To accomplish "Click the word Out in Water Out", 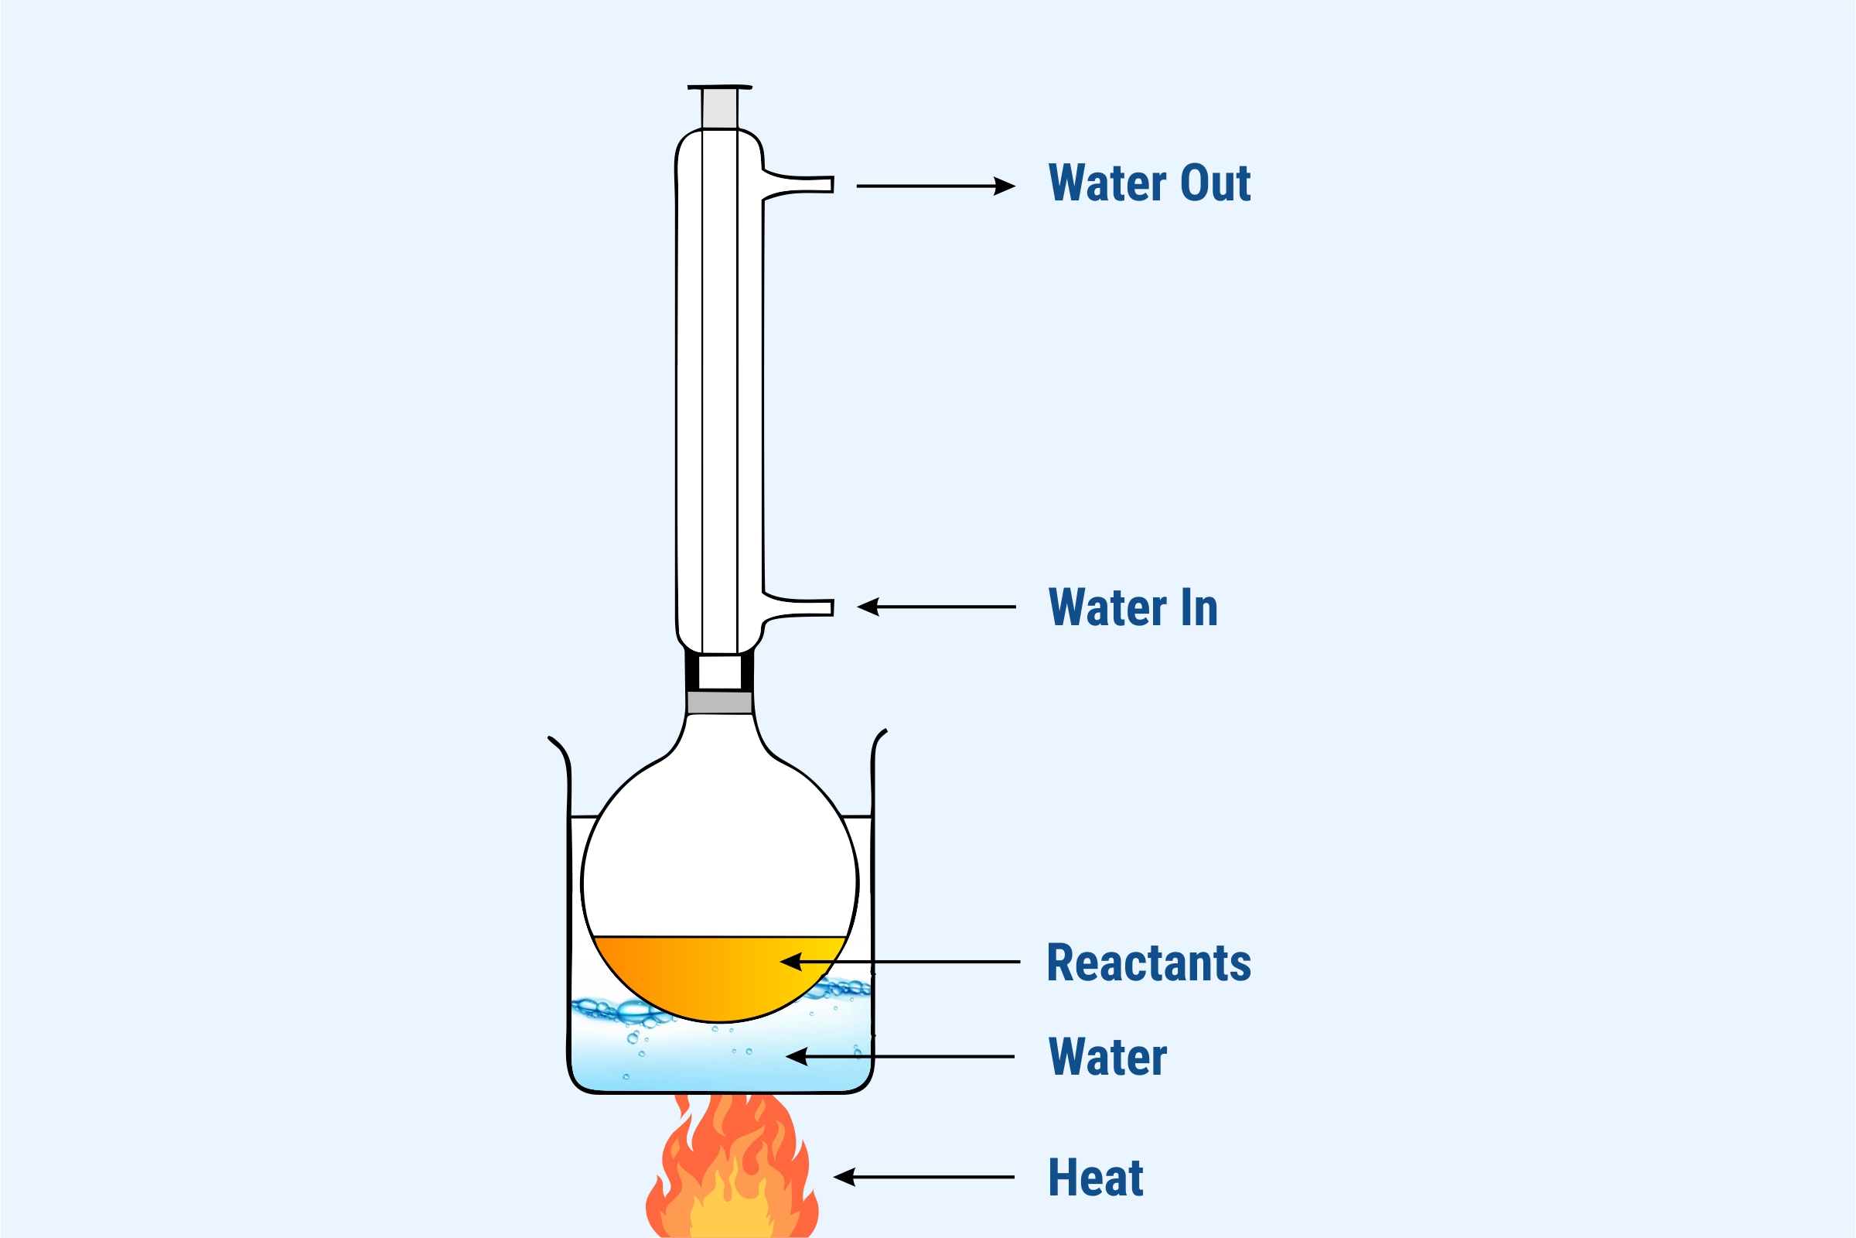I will click(1215, 183).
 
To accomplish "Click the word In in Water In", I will click(1199, 607).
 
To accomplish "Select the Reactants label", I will click(1148, 963).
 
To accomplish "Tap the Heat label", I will click(1095, 1177).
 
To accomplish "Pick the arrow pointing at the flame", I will click(923, 1177).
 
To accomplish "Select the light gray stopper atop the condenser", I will click(720, 108).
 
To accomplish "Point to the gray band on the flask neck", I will click(719, 703).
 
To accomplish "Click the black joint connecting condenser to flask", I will click(719, 672).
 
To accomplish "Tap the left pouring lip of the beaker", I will click(557, 745).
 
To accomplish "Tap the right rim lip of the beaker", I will click(879, 738).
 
